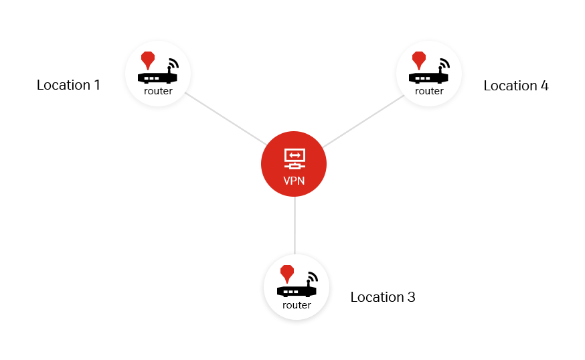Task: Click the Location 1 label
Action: pyautogui.click(x=68, y=85)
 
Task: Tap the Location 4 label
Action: pyautogui.click(x=516, y=86)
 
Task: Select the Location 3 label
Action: pyautogui.click(x=383, y=297)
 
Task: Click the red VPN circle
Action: pyautogui.click(x=294, y=164)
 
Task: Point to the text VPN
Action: pyautogui.click(x=294, y=181)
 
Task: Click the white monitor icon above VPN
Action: pyautogui.click(x=295, y=159)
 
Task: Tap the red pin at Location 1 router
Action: pyautogui.click(x=148, y=60)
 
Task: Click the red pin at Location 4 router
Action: pyautogui.click(x=419, y=60)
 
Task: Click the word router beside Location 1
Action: pyautogui.click(x=158, y=91)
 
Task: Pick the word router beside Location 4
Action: pyautogui.click(x=430, y=91)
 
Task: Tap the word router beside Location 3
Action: pyautogui.click(x=297, y=305)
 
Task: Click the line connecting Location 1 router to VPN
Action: pyautogui.click(x=226, y=118)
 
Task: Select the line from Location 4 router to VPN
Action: pyautogui.click(x=363, y=121)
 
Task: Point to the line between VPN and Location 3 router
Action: pyautogui.click(x=295, y=226)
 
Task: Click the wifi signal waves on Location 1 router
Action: pyautogui.click(x=175, y=63)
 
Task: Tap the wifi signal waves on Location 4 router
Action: pyautogui.click(x=446, y=63)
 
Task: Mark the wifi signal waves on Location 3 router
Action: pyautogui.click(x=313, y=276)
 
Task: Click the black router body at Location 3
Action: pyautogui.click(x=297, y=291)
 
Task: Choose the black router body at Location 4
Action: pyautogui.click(x=428, y=78)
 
